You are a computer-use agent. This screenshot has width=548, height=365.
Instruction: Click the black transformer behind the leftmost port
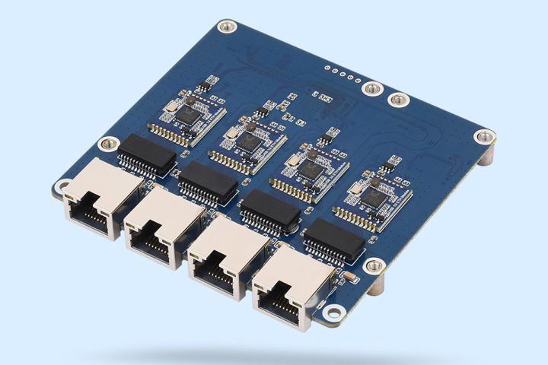146,150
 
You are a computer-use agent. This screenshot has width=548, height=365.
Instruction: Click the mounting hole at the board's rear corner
225,27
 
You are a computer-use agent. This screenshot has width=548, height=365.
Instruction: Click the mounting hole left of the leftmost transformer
109,143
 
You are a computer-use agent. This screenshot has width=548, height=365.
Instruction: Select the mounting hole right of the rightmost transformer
374,265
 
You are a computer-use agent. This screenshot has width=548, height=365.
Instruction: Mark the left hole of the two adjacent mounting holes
371,89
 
